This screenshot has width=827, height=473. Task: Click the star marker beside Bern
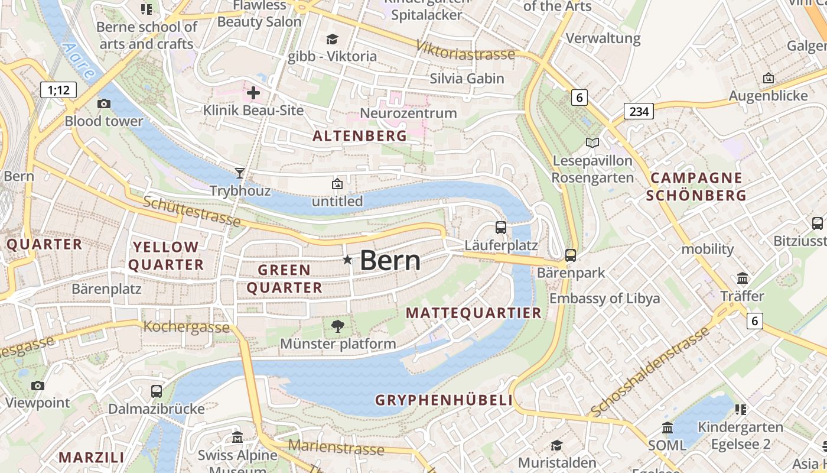point(347,260)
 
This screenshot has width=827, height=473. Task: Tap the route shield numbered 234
point(639,111)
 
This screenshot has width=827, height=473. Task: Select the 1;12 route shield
point(59,90)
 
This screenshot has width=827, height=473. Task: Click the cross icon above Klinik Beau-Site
point(253,93)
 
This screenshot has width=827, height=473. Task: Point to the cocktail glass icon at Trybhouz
point(239,173)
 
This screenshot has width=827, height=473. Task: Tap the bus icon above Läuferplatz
point(501,227)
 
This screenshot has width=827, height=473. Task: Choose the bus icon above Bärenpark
point(570,255)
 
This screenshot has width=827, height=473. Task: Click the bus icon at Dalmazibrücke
point(157,391)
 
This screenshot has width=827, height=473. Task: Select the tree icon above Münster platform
point(338,326)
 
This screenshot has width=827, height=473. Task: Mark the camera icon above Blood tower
point(104,104)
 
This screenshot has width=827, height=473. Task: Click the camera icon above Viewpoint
point(38,385)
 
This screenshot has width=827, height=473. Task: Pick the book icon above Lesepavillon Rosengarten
point(592,142)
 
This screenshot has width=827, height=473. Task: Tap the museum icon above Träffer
point(743,278)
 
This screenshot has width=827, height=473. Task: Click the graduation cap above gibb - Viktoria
point(332,39)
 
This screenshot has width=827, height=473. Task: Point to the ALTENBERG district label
point(360,136)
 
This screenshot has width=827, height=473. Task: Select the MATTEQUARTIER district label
point(474,313)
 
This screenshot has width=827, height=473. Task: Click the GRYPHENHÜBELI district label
point(444,400)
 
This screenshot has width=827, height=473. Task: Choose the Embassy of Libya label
point(604,298)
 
